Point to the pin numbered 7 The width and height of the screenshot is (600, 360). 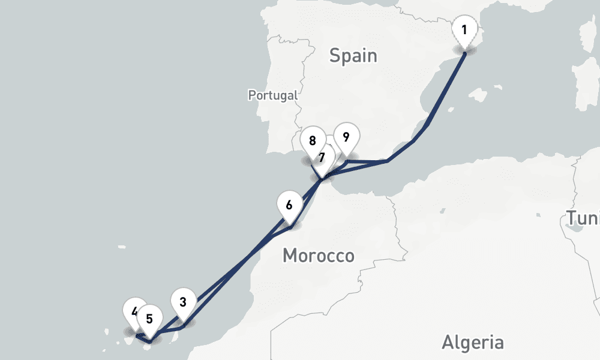322,158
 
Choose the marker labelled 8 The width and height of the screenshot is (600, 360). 312,142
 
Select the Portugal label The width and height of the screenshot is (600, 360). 273,95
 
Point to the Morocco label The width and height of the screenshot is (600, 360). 318,256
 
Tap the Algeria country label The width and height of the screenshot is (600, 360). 473,343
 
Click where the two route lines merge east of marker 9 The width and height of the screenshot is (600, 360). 387,161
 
